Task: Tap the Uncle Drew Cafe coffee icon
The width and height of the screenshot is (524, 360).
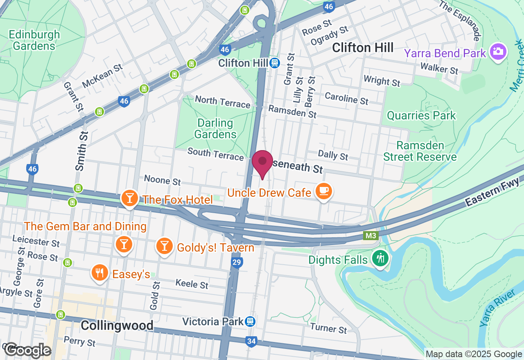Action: (x=324, y=191)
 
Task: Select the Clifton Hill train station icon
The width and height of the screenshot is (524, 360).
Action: (x=275, y=63)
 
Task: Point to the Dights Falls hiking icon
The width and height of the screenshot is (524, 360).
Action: (x=381, y=258)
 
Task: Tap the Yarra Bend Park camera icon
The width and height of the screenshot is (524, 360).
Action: (x=498, y=52)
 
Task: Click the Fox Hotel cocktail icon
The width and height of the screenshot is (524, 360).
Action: (x=130, y=198)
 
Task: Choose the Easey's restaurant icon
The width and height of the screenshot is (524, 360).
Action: (x=99, y=273)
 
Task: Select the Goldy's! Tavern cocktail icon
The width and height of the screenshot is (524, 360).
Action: (x=164, y=246)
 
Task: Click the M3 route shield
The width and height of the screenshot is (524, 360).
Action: (x=370, y=236)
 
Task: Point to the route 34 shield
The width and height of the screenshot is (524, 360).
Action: (x=251, y=340)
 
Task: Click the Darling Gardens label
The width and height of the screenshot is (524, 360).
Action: (x=215, y=128)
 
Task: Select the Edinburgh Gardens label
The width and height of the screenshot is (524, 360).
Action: (x=34, y=40)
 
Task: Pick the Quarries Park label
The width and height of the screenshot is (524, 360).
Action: (x=421, y=116)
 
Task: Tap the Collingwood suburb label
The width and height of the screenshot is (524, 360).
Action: (x=117, y=326)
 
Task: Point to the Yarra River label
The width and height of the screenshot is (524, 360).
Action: (x=496, y=309)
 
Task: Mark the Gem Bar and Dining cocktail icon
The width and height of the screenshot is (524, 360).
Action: (x=123, y=244)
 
